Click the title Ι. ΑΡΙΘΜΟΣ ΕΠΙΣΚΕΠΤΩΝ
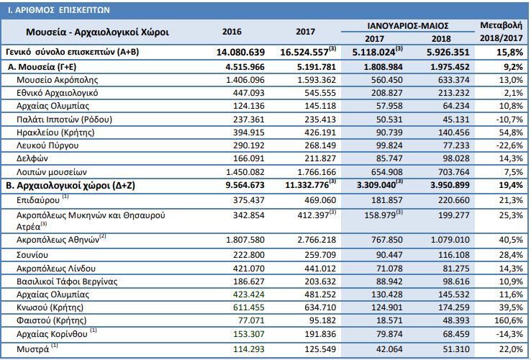59,10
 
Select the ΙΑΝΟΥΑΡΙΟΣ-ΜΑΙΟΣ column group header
408,26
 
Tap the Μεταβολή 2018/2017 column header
501,32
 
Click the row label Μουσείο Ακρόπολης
58,80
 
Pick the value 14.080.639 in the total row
240,53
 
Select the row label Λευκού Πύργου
47,145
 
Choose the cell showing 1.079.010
450,240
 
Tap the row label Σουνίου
32,255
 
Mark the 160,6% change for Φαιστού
509,320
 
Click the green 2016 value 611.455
248,307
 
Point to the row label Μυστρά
33,349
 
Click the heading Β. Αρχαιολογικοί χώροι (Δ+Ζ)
71,186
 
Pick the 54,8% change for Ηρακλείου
511,132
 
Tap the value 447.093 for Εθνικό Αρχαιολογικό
248,93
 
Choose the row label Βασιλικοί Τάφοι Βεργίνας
67,282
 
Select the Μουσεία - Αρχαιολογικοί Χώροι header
97,32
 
